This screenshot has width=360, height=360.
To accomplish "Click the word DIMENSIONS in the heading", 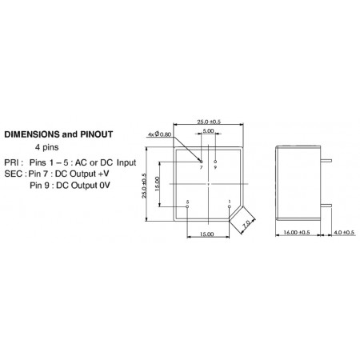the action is tap(32, 134).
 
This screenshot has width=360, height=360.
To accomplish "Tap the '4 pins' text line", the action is tap(46, 147).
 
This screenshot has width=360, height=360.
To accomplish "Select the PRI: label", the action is tap(14, 162).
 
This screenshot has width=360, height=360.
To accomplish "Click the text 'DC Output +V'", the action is tap(82, 174).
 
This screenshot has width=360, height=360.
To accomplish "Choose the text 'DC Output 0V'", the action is tap(83, 186).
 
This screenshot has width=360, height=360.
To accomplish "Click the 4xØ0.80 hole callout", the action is tap(160, 134).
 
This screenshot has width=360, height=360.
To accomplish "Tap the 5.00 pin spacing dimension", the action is tap(208, 130).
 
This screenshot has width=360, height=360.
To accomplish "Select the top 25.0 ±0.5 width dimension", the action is tap(209, 122).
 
